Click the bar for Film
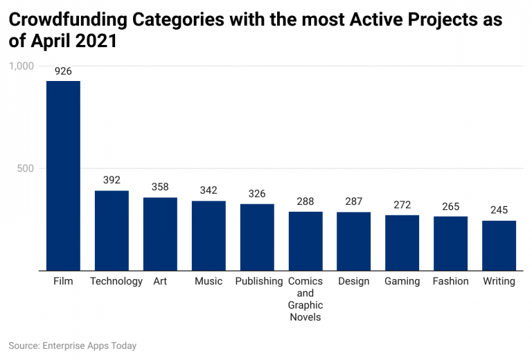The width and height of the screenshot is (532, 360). (63, 176)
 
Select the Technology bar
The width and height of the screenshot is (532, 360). (112, 231)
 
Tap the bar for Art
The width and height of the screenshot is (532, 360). (160, 234)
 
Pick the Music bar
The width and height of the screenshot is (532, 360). (209, 235)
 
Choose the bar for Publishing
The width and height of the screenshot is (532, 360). (257, 237)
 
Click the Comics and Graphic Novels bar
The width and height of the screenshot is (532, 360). (305, 241)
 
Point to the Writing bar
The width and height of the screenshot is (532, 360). (499, 246)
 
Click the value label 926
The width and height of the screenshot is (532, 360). (63, 71)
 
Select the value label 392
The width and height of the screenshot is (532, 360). (112, 180)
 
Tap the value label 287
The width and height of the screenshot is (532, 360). (354, 201)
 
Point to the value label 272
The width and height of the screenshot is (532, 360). (402, 205)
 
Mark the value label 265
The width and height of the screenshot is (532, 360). (451, 206)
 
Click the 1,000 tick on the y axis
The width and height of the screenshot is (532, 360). (21, 66)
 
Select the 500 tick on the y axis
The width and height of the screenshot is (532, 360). (26, 168)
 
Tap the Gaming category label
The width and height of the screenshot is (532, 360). (402, 281)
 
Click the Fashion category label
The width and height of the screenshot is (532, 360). (451, 281)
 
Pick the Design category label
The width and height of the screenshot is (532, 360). (354, 281)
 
